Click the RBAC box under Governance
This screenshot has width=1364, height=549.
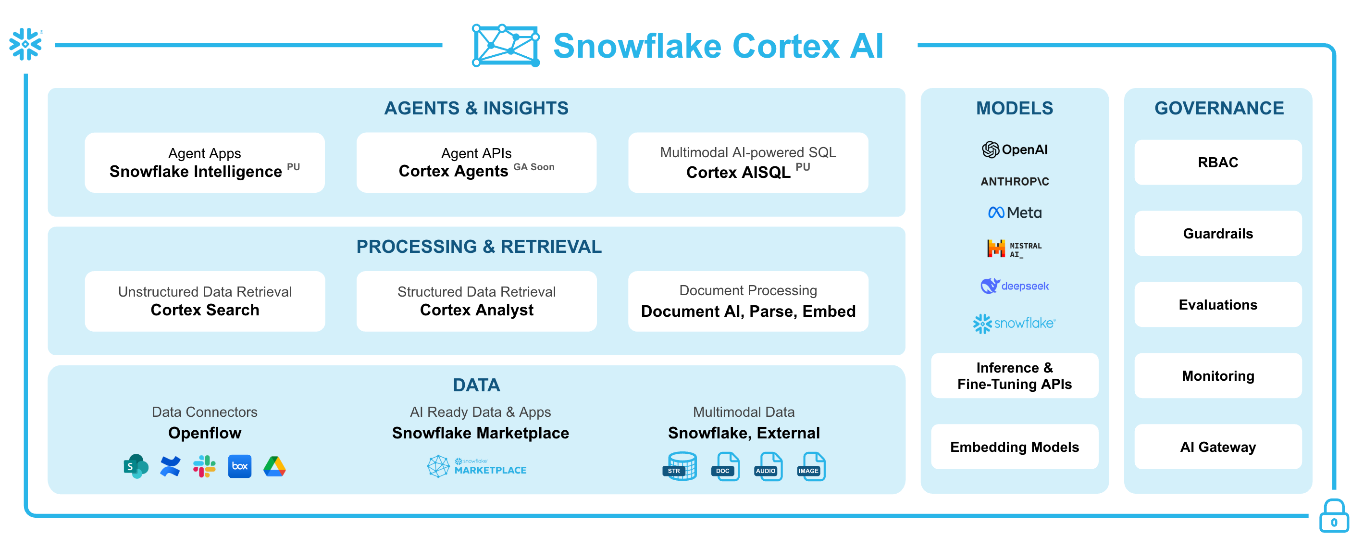[1217, 162]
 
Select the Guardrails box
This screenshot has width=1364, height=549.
[1217, 234]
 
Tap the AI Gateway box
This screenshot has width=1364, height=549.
[1217, 447]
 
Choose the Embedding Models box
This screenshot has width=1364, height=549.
[1014, 447]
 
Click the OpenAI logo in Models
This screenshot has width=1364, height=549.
[1014, 150]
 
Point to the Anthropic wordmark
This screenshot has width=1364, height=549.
[1014, 182]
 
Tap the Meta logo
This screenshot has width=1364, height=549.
[1014, 213]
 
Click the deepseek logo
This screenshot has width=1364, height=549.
[1014, 286]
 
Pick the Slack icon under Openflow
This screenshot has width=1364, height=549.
[204, 466]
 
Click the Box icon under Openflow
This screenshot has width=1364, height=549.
[239, 466]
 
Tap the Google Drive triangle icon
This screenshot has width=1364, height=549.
[274, 466]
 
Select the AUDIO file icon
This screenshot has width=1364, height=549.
[768, 467]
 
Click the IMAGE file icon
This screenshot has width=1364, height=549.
[811, 467]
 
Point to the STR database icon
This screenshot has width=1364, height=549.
[681, 466]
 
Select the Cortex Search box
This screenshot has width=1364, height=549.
[205, 301]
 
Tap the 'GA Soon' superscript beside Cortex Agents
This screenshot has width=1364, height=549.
[534, 167]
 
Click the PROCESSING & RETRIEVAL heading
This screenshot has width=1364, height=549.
[479, 247]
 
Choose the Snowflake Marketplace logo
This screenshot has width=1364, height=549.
[477, 466]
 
